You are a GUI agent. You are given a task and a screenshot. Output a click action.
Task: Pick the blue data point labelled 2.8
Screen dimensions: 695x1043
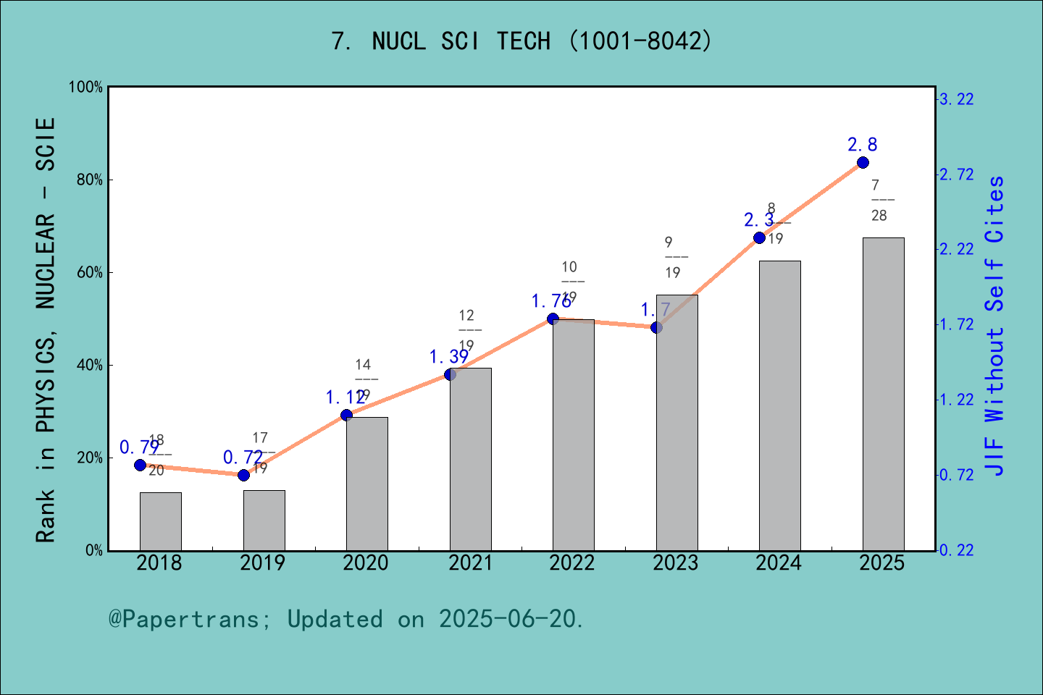coord(863,162)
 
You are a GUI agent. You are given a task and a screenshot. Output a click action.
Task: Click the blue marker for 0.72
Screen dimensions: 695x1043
coord(243,475)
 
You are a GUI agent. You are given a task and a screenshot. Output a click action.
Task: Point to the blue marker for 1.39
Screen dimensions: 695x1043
coord(450,374)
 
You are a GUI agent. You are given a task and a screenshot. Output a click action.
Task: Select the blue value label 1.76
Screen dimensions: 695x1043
coord(551,301)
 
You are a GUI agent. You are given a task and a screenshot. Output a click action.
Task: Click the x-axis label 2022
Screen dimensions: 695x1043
coord(571,563)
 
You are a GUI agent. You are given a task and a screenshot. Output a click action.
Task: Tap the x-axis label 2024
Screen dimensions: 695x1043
coord(778,563)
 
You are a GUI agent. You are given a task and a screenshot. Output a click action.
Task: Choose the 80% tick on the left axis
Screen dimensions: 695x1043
coord(90,180)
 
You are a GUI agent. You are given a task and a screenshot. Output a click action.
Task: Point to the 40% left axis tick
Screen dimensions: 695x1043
coord(90,365)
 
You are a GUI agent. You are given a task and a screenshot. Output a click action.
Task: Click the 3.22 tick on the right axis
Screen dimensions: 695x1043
coord(956,99)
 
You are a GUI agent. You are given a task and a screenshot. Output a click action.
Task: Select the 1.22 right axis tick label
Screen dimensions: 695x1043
coord(956,400)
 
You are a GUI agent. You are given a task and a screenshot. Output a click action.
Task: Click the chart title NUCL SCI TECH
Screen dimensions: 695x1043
coord(521,41)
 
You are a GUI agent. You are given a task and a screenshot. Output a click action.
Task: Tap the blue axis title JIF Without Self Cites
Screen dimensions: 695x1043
coord(995,326)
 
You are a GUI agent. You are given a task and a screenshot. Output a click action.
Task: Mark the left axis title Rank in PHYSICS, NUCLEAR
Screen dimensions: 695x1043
coord(46,329)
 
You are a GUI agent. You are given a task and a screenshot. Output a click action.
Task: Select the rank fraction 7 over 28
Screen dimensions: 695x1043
coord(879,200)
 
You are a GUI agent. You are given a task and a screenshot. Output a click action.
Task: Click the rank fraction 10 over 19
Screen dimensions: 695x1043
coord(571,282)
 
